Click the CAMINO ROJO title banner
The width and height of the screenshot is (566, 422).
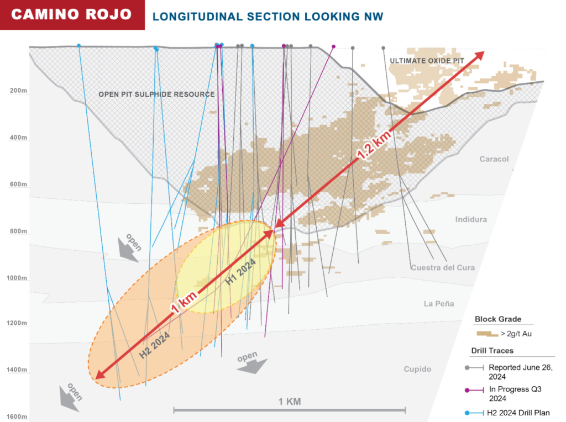(x=72, y=14)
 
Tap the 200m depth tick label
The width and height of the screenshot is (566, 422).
(x=18, y=91)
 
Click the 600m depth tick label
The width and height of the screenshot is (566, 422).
(x=18, y=184)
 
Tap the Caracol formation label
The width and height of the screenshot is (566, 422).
(x=494, y=159)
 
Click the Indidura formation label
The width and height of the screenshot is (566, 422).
(x=471, y=219)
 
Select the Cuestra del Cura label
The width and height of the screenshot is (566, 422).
(x=443, y=268)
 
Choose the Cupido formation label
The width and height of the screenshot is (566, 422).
(x=417, y=369)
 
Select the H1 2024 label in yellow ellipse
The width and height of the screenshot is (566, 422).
(x=242, y=272)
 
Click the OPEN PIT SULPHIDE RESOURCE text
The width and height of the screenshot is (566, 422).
(x=156, y=94)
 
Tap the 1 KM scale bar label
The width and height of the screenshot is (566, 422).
(x=290, y=402)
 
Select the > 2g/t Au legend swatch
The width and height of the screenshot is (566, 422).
(x=486, y=334)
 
